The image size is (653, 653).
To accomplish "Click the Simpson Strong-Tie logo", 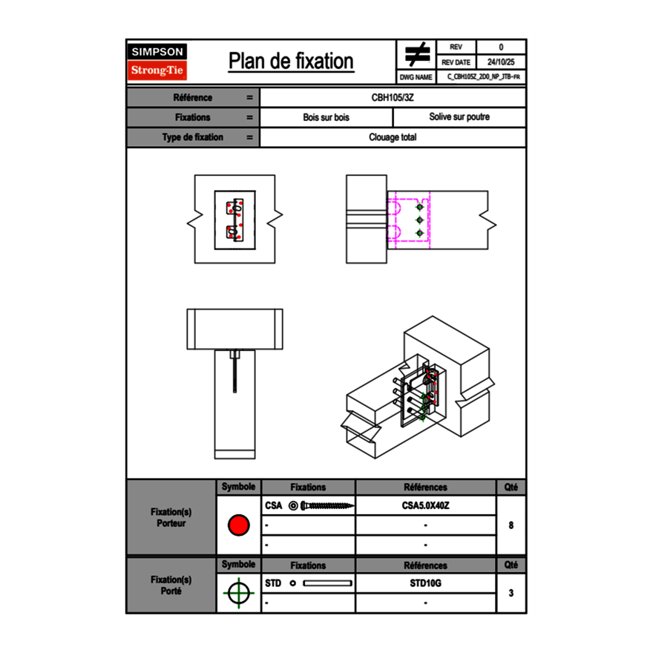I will coord(157,62).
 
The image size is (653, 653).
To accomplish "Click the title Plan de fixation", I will coord(291,61).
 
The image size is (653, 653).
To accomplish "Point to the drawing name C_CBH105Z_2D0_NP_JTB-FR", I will coord(482,76).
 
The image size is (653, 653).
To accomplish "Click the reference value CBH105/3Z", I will coord(393,97).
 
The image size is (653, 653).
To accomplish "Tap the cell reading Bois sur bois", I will coord(326,117).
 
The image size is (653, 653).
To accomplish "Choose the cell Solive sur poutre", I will coord(459,117).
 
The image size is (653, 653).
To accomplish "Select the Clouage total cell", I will coord(393,137).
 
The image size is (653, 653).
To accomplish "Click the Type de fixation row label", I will coord(192,137).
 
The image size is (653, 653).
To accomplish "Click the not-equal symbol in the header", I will coord(417,55).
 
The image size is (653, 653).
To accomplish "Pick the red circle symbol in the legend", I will coord(238,525).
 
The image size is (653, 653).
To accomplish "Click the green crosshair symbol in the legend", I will coord(238,593).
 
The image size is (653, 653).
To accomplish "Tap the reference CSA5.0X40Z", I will coord(425,506).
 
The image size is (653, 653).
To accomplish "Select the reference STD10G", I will coord(425,583).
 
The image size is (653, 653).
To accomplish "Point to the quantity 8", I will coord(511,525).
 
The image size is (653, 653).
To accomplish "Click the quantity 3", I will coord(511,593).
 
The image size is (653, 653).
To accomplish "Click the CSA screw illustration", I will coord(325,506).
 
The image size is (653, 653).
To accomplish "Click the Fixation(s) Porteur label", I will coord(171,517).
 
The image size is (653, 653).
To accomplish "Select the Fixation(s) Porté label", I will coord(171,585).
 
